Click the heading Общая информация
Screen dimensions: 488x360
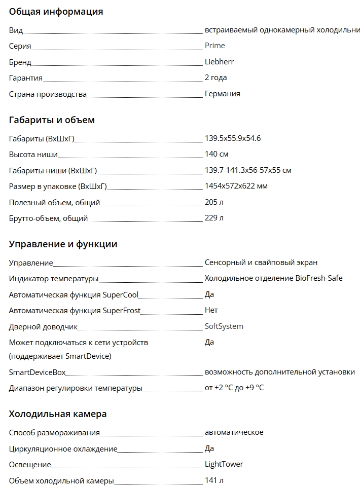point(56,12)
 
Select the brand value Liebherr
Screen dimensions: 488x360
point(219,62)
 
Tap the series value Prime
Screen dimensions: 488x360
point(214,46)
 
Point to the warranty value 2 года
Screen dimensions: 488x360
point(215,78)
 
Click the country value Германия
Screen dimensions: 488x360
point(222,94)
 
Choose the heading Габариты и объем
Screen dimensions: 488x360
point(52,120)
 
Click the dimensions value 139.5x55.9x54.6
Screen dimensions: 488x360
point(232,138)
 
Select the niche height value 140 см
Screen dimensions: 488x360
point(217,154)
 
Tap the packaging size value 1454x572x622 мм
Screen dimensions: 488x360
point(236,186)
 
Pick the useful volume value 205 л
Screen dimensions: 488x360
point(214,202)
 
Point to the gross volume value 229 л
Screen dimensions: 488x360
point(214,218)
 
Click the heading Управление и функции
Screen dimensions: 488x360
point(63,244)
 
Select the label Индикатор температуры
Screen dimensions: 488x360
point(54,279)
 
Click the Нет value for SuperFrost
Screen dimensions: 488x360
point(211,310)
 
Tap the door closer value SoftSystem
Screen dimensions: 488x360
point(224,326)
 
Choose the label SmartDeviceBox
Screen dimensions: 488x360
point(37,372)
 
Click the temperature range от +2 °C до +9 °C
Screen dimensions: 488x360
point(234,388)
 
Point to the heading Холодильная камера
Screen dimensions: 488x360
point(58,414)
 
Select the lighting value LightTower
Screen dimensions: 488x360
point(224,464)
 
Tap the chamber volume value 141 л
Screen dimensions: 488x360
point(214,480)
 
